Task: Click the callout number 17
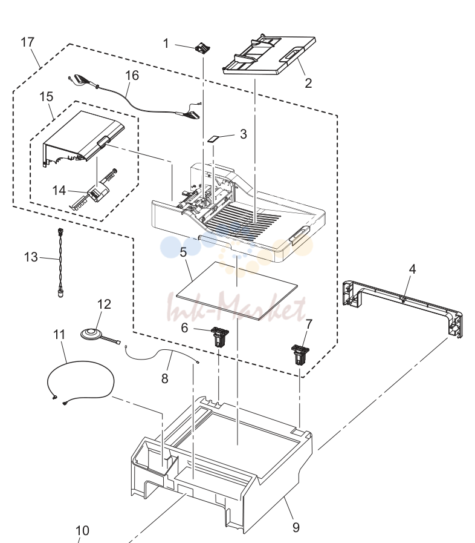pyautogui.click(x=27, y=42)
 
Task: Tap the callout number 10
pyautogui.click(x=82, y=530)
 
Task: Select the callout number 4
pyautogui.click(x=412, y=269)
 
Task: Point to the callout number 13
pyautogui.click(x=31, y=257)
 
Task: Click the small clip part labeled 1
pyautogui.click(x=203, y=48)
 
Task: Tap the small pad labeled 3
pyautogui.click(x=213, y=139)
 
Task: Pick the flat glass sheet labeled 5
pyautogui.click(x=237, y=292)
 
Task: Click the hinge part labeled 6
pyautogui.click(x=220, y=337)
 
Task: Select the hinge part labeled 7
pyautogui.click(x=299, y=354)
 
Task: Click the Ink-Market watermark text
pyautogui.click(x=237, y=308)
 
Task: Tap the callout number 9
pyautogui.click(x=296, y=527)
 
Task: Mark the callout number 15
pyautogui.click(x=47, y=96)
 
